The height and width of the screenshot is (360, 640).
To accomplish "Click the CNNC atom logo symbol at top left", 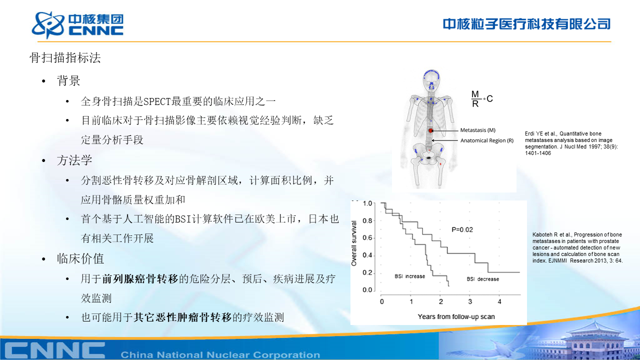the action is pyautogui.click(x=48, y=25).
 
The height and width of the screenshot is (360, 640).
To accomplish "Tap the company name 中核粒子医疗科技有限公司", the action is pyautogui.click(x=526, y=24).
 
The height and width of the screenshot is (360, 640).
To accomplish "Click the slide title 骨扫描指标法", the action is pyautogui.click(x=65, y=57).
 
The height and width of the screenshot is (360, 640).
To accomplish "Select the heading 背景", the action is pyautogui.click(x=68, y=80).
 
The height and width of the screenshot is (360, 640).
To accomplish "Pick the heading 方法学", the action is pyautogui.click(x=74, y=160).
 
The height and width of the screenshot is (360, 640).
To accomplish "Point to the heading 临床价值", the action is pyautogui.click(x=80, y=258).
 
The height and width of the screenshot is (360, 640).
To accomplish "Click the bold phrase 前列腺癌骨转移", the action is pyautogui.click(x=140, y=279).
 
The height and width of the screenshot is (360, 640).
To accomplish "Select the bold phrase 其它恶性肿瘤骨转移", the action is pyautogui.click(x=182, y=317).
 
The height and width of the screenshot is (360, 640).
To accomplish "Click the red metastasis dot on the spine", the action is pyautogui.click(x=430, y=130).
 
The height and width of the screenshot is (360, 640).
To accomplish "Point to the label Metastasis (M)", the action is pyautogui.click(x=477, y=130).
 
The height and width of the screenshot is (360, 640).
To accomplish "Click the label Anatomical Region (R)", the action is pyautogui.click(x=487, y=140).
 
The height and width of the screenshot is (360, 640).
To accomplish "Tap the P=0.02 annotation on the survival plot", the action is pyautogui.click(x=462, y=229).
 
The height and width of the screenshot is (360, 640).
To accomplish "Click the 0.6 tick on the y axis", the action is pyautogui.click(x=367, y=238).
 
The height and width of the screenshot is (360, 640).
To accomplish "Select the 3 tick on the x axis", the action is pyautogui.click(x=470, y=301).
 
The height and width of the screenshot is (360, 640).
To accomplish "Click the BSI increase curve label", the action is pyautogui.click(x=409, y=276).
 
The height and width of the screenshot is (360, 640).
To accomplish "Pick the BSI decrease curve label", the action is pyautogui.click(x=483, y=279).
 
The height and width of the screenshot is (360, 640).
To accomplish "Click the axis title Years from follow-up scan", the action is pyautogui.click(x=456, y=316).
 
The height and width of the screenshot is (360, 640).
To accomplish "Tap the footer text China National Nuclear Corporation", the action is pyautogui.click(x=220, y=355).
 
